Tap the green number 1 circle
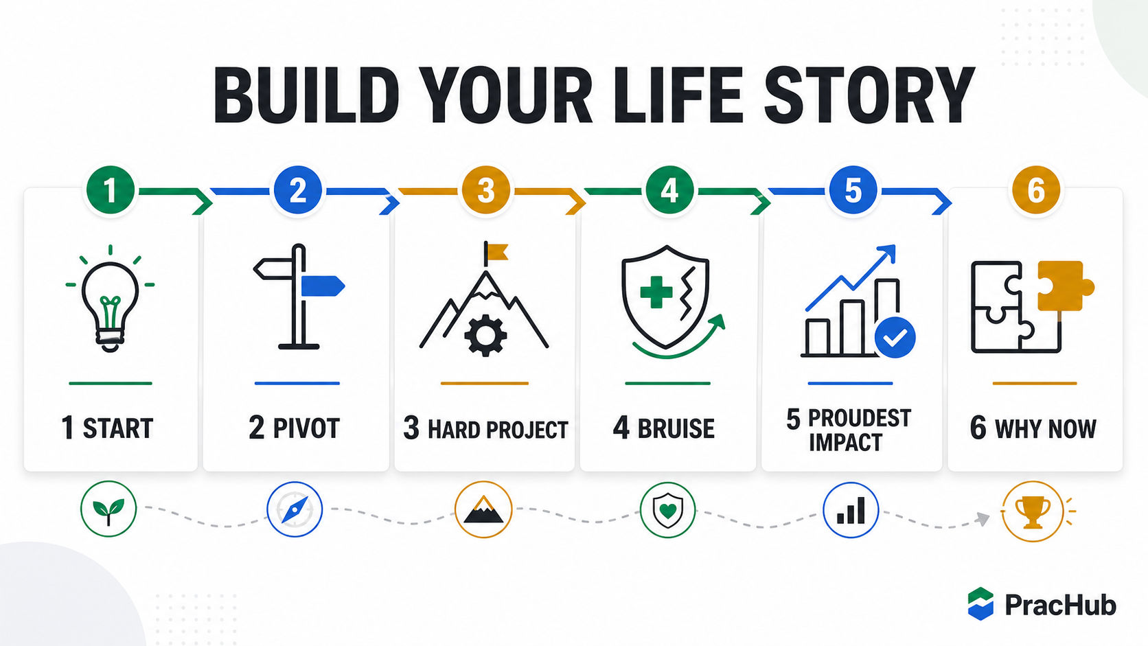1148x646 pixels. point(110,190)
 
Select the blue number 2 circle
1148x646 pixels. point(297,190)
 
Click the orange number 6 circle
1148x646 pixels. point(1036,190)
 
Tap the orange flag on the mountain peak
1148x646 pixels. point(496,252)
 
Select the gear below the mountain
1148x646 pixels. point(485,336)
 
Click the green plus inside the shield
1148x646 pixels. point(656,292)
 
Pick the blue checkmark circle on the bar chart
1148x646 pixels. point(895,337)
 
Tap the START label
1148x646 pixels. point(118,428)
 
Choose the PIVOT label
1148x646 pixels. point(306,428)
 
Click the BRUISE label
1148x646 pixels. point(676,428)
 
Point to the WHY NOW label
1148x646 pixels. point(1046,429)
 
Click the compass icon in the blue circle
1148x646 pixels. point(295,509)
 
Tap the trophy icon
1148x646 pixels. point(1032,511)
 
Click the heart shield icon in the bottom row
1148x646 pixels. point(668,509)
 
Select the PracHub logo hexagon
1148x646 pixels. point(980,603)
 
